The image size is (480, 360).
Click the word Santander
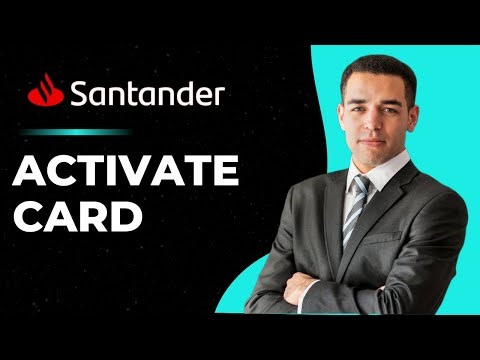[x=147, y=95]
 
